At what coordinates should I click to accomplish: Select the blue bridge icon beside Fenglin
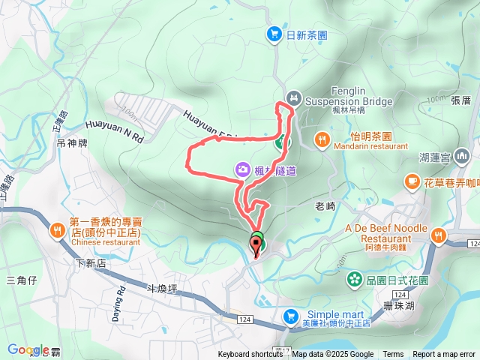pyautogui.click(x=294, y=97)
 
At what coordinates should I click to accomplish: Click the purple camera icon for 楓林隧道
pyautogui.click(x=243, y=169)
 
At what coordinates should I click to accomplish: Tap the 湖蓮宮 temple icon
pyautogui.click(x=466, y=157)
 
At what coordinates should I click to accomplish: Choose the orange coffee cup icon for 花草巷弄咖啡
pyautogui.click(x=412, y=181)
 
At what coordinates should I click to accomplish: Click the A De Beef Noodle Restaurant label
pyautogui.click(x=386, y=233)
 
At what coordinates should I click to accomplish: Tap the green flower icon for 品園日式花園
pyautogui.click(x=352, y=280)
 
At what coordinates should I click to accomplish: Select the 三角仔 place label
pyautogui.click(x=21, y=280)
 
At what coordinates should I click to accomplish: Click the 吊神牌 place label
pyautogui.click(x=72, y=142)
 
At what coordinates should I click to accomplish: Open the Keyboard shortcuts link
pyautogui.click(x=250, y=355)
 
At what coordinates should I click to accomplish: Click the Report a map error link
pyautogui.click(x=444, y=355)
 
